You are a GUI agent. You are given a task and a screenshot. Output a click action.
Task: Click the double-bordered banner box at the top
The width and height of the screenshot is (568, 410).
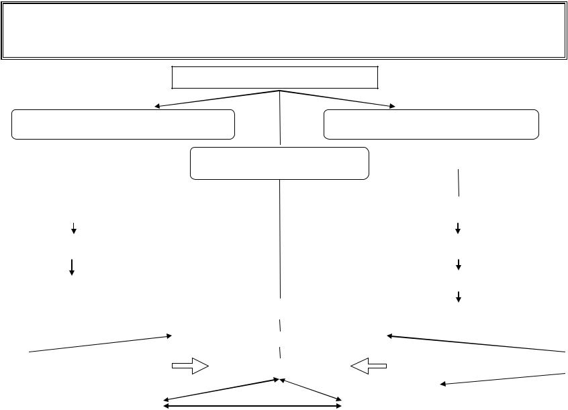[283, 30]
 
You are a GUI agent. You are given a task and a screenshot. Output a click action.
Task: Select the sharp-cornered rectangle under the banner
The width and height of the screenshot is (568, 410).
[275, 77]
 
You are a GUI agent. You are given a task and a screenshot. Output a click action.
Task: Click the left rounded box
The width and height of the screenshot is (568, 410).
[123, 124]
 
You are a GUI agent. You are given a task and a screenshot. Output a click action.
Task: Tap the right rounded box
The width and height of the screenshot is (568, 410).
[431, 124]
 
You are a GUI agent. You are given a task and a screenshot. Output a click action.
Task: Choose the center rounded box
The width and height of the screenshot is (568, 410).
[279, 163]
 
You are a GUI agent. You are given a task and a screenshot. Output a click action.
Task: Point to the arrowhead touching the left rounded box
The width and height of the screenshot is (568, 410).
[157, 106]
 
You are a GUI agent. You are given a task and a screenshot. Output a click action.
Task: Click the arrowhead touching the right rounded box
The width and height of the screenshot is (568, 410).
[392, 106]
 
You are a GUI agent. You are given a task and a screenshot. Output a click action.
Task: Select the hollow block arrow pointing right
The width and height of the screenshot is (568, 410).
[190, 366]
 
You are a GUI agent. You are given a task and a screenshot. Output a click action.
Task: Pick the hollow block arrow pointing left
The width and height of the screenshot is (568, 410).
[369, 366]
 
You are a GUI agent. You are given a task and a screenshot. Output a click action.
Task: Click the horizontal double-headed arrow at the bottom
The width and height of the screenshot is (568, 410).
[253, 405]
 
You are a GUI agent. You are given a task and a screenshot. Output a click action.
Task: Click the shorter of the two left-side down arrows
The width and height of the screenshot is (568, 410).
[73, 229]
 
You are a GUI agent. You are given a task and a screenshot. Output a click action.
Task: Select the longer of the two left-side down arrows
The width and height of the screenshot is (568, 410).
[71, 266]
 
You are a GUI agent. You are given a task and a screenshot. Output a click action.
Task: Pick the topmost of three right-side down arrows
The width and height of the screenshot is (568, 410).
[458, 228]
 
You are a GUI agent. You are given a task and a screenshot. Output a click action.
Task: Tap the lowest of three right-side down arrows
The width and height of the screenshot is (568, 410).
[459, 297]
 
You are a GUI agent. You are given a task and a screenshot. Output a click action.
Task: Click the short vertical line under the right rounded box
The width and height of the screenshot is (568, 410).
[459, 183]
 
